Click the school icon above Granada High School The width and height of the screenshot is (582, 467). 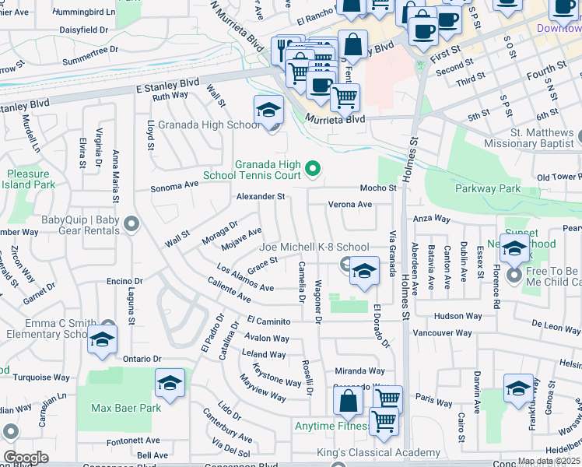[268, 110]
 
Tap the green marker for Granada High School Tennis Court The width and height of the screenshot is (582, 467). [313, 168]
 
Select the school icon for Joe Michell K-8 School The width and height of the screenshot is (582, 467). [363, 272]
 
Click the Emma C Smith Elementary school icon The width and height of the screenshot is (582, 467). [102, 339]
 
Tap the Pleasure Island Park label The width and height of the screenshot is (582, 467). [31, 179]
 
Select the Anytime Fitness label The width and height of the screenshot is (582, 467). [330, 426]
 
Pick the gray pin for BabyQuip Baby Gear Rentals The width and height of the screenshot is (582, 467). [131, 225]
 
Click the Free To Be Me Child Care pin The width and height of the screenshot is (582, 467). [514, 276]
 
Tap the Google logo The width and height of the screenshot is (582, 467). [26, 457]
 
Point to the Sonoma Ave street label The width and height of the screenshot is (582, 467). [174, 187]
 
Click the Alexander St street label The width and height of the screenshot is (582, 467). [261, 197]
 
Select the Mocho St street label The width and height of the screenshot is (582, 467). [378, 188]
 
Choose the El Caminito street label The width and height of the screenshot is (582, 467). [268, 321]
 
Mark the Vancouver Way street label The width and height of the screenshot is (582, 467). [442, 332]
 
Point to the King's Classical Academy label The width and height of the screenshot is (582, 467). [378, 453]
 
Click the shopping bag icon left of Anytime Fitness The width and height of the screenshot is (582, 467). [349, 401]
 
